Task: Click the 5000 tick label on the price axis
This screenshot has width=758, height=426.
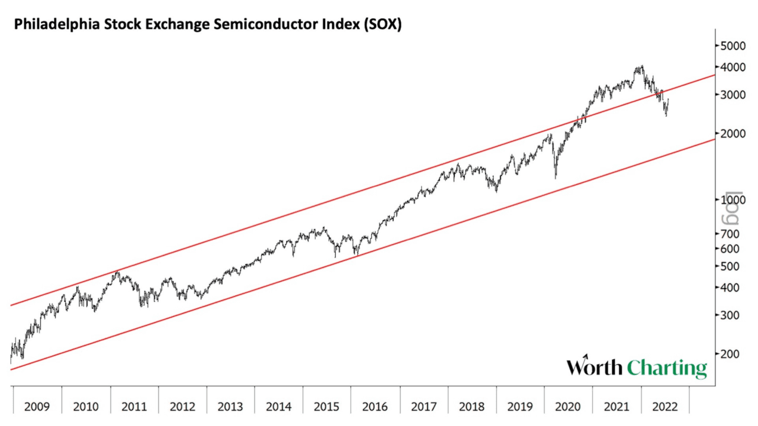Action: click(x=733, y=46)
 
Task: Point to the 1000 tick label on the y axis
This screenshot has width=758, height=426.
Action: click(x=733, y=200)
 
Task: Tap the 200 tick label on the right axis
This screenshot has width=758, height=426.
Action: click(x=731, y=354)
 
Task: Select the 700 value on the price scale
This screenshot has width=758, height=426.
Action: click(x=731, y=234)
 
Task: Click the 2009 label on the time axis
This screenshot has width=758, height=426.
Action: click(x=37, y=406)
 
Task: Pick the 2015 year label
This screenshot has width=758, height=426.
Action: click(x=326, y=406)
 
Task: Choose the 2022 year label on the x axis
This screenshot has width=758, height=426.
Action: click(x=664, y=406)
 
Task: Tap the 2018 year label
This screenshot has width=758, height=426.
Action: click(x=471, y=406)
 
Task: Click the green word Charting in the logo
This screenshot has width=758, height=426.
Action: click(x=667, y=368)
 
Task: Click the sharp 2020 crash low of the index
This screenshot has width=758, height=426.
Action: click(x=555, y=177)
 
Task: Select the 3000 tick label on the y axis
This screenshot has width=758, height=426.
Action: click(x=733, y=95)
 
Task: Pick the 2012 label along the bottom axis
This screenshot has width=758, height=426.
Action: click(x=182, y=406)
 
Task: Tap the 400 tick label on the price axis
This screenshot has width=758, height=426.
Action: click(x=731, y=288)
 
